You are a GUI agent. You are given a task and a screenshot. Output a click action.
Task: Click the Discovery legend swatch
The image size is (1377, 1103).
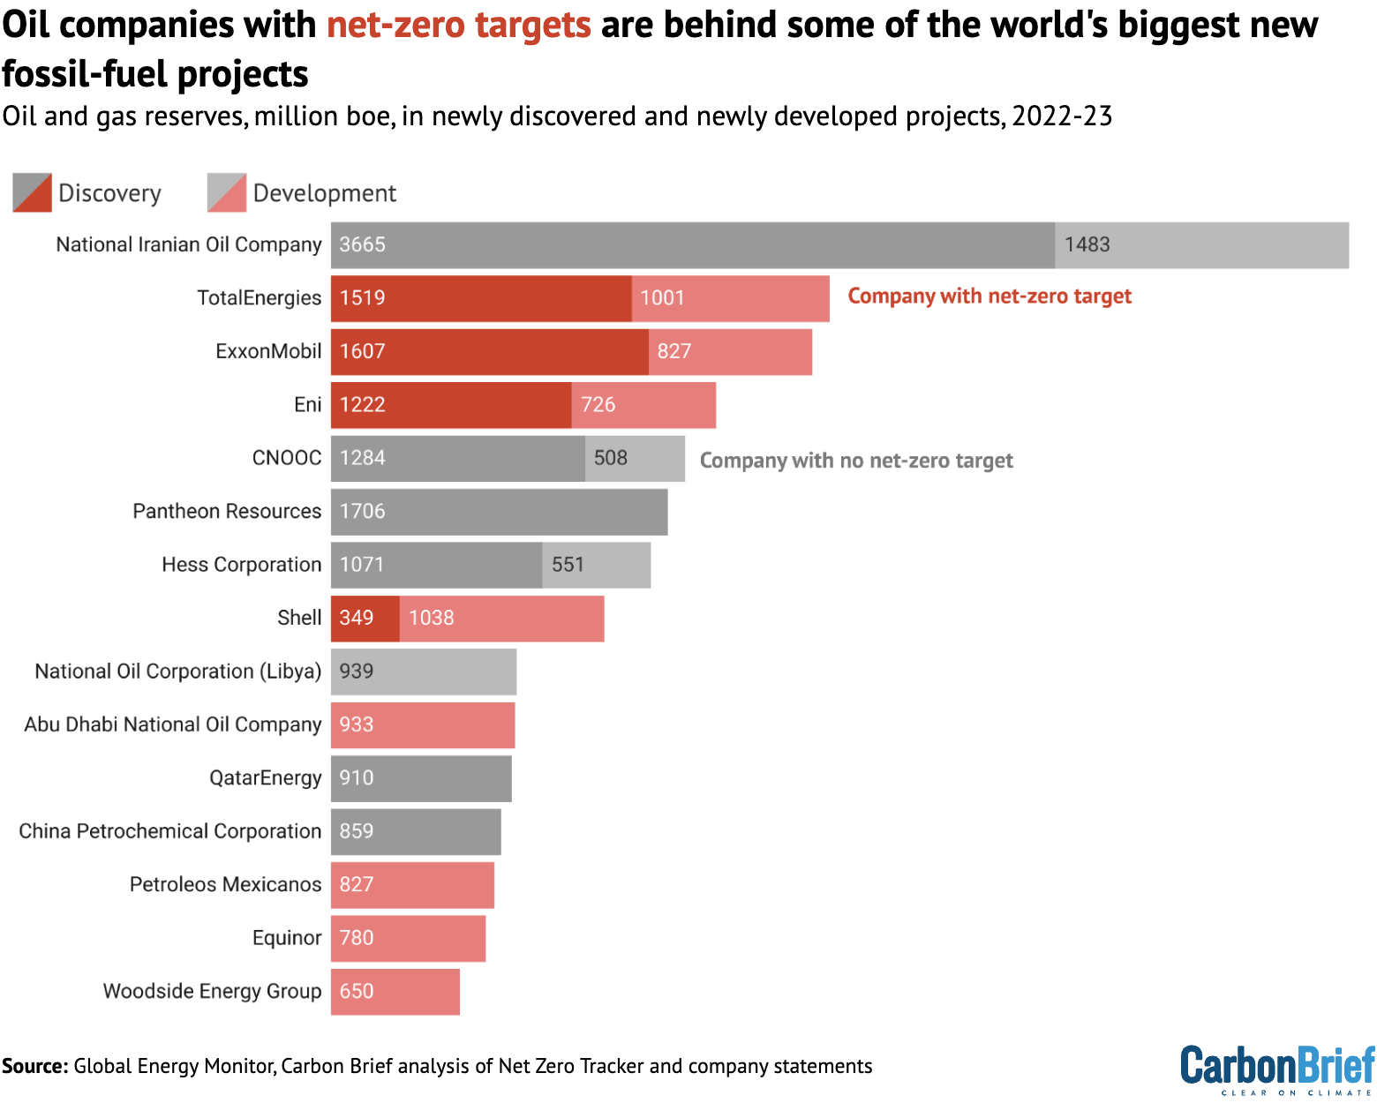(33, 193)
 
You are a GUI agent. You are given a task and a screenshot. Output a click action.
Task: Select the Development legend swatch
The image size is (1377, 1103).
(227, 193)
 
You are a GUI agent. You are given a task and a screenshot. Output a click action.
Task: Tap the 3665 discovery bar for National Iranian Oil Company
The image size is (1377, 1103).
(692, 245)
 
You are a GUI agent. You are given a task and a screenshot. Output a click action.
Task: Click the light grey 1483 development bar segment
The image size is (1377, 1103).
(1200, 245)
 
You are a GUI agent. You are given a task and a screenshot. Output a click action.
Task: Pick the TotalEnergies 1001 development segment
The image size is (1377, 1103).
(730, 298)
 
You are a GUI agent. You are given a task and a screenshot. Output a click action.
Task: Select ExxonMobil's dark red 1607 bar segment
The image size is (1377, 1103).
(489, 352)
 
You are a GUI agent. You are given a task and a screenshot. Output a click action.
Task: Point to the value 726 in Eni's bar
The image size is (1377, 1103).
(598, 405)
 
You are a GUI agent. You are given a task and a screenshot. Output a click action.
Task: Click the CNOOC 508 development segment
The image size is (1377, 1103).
(634, 459)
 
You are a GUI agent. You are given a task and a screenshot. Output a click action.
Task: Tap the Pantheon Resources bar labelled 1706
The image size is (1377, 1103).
(499, 512)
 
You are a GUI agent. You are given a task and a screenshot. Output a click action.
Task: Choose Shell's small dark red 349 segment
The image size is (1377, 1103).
(365, 619)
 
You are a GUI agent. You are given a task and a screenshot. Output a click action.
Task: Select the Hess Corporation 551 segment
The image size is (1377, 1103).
(596, 565)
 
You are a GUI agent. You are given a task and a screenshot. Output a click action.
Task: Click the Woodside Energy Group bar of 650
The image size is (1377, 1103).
(395, 992)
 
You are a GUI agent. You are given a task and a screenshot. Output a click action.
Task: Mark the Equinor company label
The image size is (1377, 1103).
(286, 938)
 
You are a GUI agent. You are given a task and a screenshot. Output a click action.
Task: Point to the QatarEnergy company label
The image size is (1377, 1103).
(265, 778)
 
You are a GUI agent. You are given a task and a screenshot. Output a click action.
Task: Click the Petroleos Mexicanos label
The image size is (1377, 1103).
(225, 885)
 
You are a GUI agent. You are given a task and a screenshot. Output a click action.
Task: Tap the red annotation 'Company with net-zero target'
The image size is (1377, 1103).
(989, 296)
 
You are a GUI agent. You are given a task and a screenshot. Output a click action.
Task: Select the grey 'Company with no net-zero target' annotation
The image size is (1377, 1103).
(855, 461)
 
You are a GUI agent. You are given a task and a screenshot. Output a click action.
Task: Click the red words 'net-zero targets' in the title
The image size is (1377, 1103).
(458, 25)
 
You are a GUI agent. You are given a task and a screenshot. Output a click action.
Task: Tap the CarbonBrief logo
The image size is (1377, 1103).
(1276, 1069)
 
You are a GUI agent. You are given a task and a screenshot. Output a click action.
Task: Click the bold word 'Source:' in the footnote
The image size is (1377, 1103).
(35, 1066)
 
